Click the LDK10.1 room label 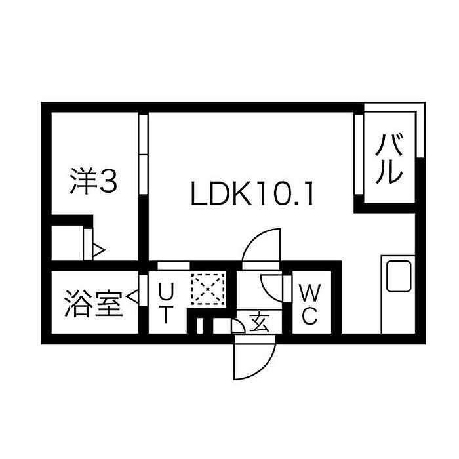coord(252,193)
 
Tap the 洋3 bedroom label coord(94,181)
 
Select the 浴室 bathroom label coord(93,303)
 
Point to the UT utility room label coord(166,303)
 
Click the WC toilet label coord(310,304)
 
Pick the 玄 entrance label coord(260,322)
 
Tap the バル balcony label coord(389,159)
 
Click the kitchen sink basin coord(399,276)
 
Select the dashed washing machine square coord(208,289)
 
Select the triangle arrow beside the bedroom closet coord(98,250)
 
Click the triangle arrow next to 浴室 coord(132,296)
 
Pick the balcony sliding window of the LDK coord(359,155)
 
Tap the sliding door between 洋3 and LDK coord(143,154)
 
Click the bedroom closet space coord(68,243)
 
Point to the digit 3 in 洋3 coord(108,181)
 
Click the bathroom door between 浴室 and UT coord(143,290)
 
